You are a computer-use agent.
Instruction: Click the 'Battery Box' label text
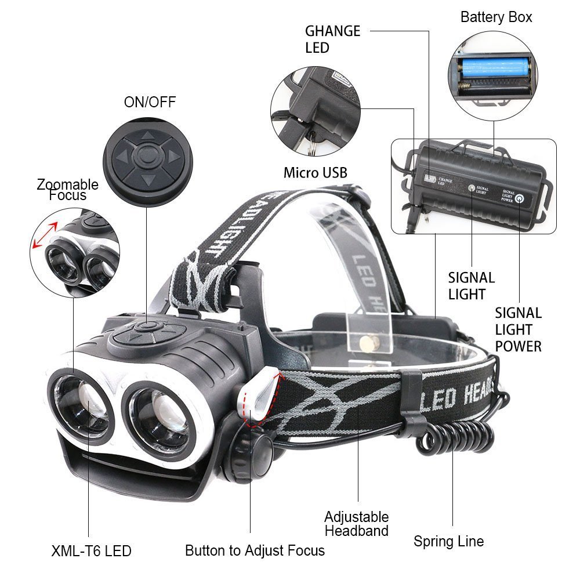(496, 17)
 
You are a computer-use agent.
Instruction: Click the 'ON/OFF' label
(149, 103)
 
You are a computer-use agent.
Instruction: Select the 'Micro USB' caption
(315, 172)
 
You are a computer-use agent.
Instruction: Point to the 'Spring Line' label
(448, 541)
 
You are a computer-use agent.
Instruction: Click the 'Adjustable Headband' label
(356, 523)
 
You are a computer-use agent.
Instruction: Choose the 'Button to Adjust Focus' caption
(255, 550)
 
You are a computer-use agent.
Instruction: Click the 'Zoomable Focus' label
(67, 190)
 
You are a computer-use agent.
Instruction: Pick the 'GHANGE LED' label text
(332, 39)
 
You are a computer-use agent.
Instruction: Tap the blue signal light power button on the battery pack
(520, 198)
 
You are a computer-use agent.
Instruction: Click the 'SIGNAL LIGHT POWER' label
(518, 329)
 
